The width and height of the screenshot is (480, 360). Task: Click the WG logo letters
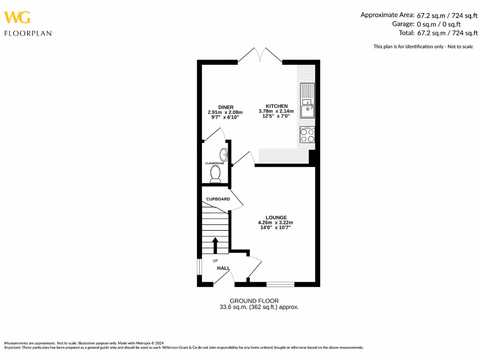17,17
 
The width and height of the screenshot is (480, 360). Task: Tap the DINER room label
225,107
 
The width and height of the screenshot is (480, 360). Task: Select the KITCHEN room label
277,106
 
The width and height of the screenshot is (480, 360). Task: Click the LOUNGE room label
276,217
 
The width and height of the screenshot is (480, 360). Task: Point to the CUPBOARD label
218,199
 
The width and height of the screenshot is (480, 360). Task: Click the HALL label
224,268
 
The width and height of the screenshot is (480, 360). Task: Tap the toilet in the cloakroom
216,174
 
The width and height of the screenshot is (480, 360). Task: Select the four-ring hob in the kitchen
307,135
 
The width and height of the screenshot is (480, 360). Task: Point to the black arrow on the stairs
215,245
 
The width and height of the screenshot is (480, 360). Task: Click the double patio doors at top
260,55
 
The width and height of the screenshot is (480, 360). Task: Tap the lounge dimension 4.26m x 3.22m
276,223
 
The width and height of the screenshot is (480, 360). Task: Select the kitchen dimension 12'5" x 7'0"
276,116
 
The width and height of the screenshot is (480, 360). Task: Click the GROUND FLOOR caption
254,300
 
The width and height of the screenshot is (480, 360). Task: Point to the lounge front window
280,284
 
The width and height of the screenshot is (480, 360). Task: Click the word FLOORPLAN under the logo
28,33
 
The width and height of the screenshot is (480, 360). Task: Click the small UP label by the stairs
215,261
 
